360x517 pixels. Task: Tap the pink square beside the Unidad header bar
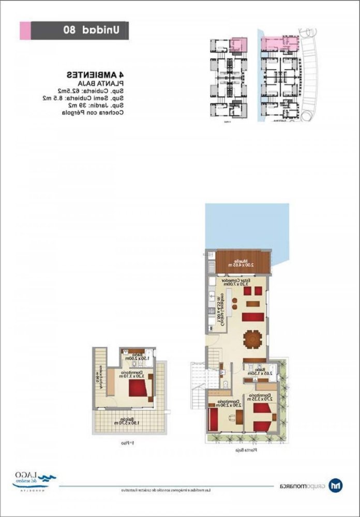(24, 31)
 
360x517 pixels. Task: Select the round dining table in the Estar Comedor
(253, 339)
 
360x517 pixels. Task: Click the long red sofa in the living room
(252, 316)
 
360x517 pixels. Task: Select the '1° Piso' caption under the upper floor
(128, 444)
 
